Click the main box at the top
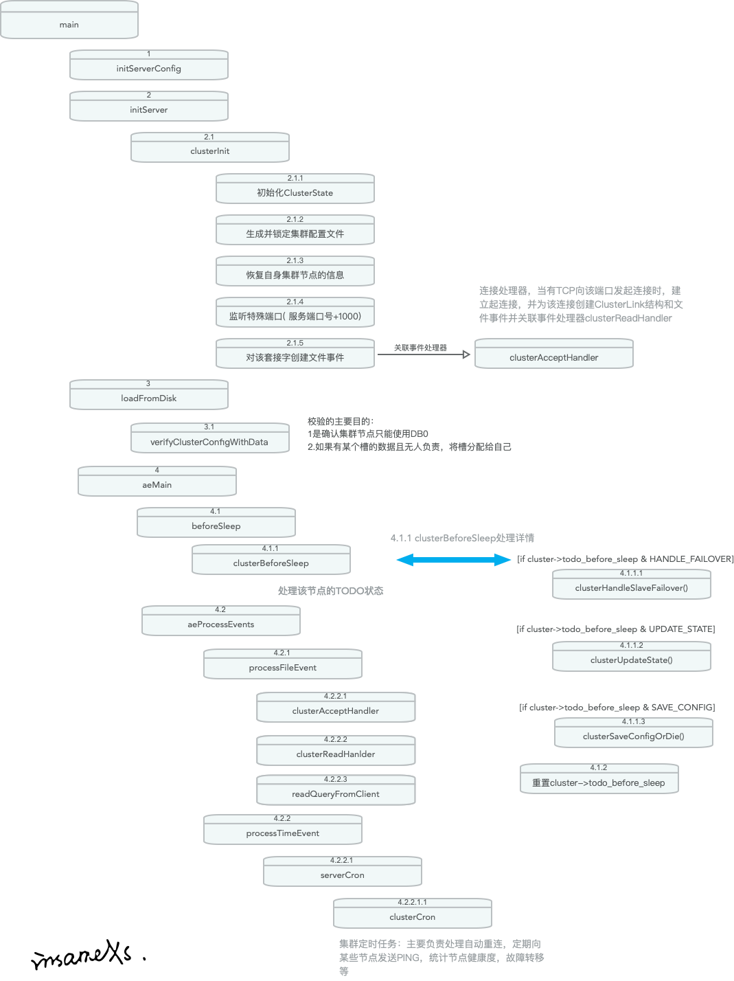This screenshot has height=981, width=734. [x=69, y=21]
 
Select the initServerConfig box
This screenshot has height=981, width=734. [x=148, y=66]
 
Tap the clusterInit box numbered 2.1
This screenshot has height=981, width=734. [x=209, y=148]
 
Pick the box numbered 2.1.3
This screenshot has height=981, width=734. [x=295, y=272]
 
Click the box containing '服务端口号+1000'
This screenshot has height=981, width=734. [x=295, y=313]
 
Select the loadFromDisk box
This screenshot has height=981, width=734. [x=148, y=396]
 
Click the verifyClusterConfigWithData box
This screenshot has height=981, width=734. [x=209, y=439]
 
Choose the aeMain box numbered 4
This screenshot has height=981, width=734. [x=157, y=482]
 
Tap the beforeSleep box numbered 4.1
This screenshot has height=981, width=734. [x=216, y=523]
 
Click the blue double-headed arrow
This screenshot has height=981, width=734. [x=454, y=560]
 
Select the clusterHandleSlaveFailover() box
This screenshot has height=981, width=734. [x=631, y=585]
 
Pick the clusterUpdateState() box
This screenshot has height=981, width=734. [x=631, y=657]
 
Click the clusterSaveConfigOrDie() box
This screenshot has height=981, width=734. [x=633, y=734]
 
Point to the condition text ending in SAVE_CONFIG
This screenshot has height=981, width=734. [x=617, y=708]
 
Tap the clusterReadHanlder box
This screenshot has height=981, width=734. [x=335, y=752]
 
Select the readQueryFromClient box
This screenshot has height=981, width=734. [x=335, y=791]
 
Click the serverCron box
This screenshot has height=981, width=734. [x=342, y=872]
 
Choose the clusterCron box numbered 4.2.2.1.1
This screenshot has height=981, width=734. [x=412, y=914]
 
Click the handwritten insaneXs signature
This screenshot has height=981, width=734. [x=82, y=955]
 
